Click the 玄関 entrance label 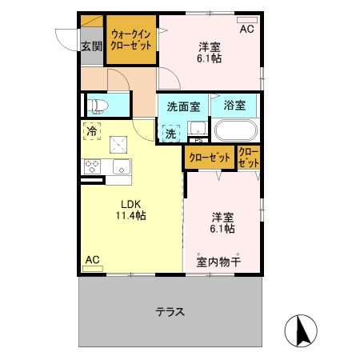click(x=91, y=46)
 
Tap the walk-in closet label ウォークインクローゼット click(x=132, y=40)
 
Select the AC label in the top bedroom click(x=246, y=30)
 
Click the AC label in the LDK click(x=92, y=260)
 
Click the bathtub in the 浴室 click(x=235, y=130)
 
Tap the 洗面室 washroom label click(x=183, y=106)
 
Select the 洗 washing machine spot click(x=171, y=134)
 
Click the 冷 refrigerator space click(x=93, y=131)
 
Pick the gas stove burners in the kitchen click(x=92, y=167)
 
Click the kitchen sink click(x=122, y=167)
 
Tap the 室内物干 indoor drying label click(x=213, y=262)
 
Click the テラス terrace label click(x=170, y=311)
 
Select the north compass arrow click(x=302, y=330)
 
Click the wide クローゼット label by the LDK click(x=209, y=158)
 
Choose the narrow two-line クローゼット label click(x=248, y=158)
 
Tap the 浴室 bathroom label click(x=234, y=105)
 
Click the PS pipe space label click(x=198, y=142)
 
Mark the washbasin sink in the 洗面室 click(x=198, y=128)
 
